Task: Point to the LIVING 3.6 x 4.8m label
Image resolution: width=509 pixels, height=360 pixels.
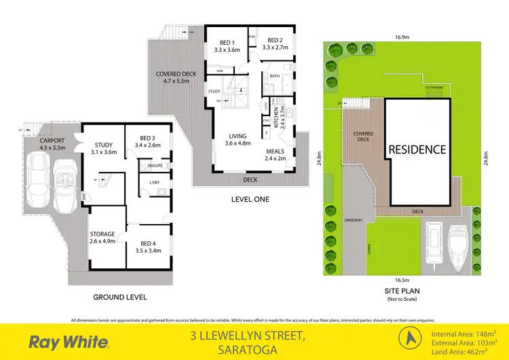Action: pos(239,139)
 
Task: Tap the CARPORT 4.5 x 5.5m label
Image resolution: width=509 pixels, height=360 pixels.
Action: pos(53,143)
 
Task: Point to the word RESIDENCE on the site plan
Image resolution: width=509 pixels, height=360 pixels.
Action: pos(417,149)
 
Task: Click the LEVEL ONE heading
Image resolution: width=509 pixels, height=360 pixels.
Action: pos(250,199)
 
